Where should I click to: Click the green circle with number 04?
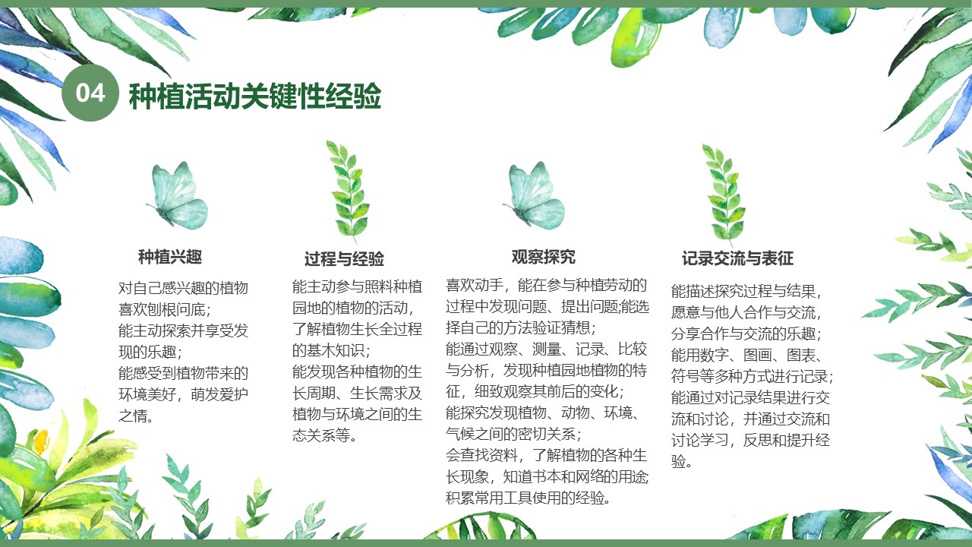(90, 93)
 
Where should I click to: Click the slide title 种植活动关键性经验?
(255, 96)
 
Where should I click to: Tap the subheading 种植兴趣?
(170, 257)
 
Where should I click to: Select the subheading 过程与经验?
(344, 259)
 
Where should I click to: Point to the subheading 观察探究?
(543, 257)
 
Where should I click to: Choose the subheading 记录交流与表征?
(737, 258)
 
